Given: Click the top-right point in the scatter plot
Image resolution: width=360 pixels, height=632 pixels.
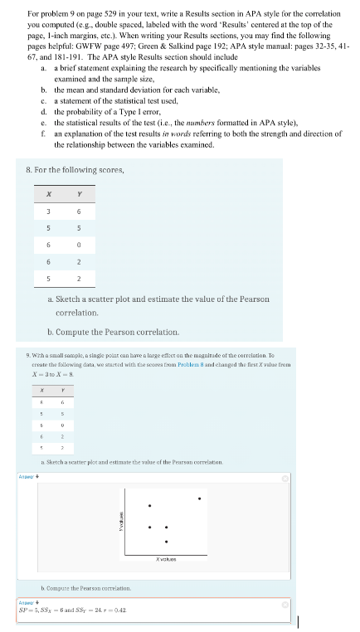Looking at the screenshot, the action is [x=199, y=498].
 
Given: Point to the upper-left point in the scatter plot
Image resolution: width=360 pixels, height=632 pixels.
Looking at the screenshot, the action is [x=150, y=506].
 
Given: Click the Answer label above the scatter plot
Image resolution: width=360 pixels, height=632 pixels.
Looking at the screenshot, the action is [x=26, y=475].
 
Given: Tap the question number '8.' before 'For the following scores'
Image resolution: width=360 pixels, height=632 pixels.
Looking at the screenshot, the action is [x=30, y=169].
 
